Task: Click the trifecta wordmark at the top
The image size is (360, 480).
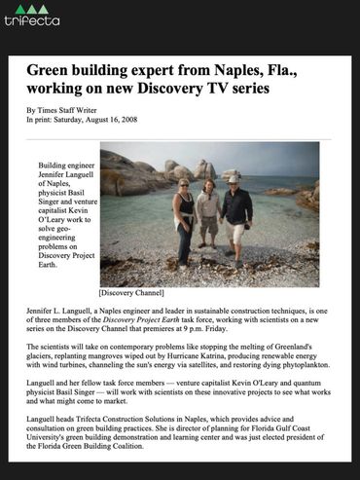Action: pos(31,21)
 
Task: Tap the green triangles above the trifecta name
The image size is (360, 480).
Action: pos(31,8)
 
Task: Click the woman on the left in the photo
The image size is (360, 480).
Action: pos(185,224)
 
